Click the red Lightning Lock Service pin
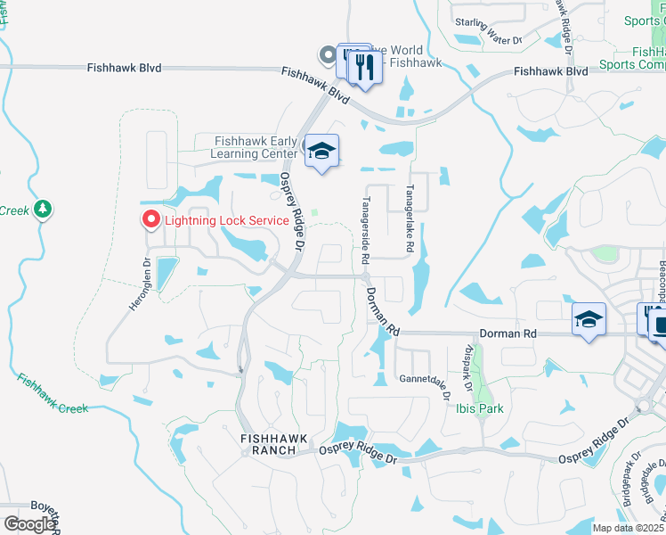pos(151,219)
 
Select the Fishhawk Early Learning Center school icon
pos(321,152)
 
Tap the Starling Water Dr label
pos(488,35)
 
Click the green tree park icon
pos(43,210)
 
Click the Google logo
pos(28,524)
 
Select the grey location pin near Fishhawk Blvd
pos(327,56)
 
